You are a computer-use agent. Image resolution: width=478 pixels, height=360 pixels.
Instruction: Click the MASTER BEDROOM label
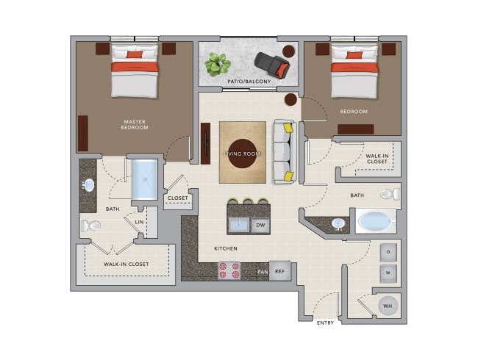pos(135,124)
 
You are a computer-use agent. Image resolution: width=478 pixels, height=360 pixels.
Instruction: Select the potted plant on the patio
pos(217,64)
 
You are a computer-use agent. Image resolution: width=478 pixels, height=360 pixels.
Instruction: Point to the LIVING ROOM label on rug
pos(242,153)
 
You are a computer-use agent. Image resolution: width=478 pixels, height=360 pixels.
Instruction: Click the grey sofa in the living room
pos(283,152)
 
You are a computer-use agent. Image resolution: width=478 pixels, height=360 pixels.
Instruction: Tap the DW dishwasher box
pos(260,226)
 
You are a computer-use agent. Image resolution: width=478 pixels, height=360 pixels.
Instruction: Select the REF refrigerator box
pos(279,271)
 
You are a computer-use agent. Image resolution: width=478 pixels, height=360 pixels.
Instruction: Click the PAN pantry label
pos(262,272)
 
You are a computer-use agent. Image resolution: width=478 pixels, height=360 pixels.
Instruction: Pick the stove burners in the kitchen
pos(228,271)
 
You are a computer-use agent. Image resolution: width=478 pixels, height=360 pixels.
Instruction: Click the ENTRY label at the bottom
pos(324,323)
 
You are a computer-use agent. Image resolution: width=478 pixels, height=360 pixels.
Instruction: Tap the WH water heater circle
pos(388,305)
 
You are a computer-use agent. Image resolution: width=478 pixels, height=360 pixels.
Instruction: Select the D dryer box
pos(388,252)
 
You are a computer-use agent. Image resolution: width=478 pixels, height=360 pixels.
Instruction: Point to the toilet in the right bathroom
pos(390,195)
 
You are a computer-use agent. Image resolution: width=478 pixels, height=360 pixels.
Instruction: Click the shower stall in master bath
pos(144,179)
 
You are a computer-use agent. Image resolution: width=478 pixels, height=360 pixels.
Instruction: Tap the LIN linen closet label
pos(139,221)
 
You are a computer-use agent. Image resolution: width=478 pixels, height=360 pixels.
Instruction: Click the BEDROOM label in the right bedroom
pos(354,112)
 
